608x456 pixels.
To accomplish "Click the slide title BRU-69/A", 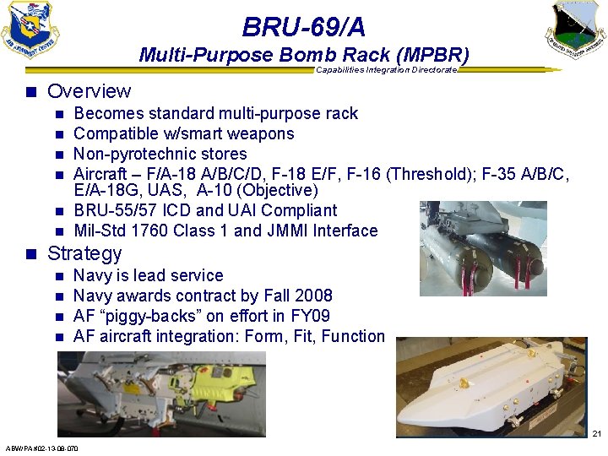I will [x=304, y=28].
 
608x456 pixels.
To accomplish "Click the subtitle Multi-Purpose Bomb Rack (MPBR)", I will [x=304, y=56].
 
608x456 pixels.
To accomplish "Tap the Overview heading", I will [x=90, y=91].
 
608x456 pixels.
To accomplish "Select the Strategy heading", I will [x=84, y=253].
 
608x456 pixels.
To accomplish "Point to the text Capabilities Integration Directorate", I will [x=386, y=70].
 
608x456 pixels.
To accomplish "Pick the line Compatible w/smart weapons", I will [x=184, y=133].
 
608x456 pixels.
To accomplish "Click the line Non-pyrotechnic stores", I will [x=160, y=154].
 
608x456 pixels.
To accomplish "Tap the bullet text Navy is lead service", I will [x=149, y=275].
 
